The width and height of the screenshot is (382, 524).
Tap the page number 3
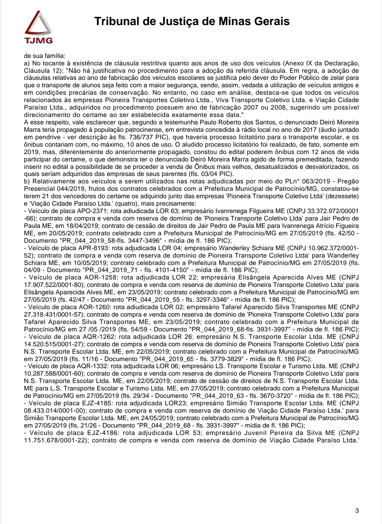(x=357, y=511)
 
